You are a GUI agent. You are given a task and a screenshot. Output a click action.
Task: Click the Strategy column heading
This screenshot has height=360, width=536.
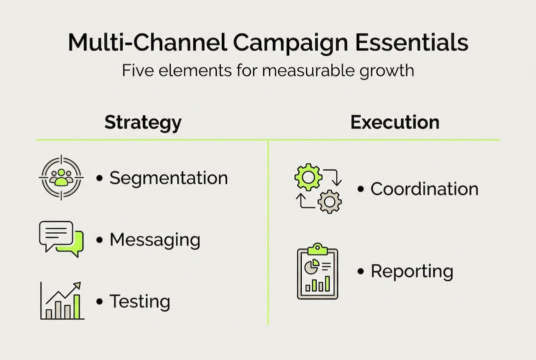point(143,122)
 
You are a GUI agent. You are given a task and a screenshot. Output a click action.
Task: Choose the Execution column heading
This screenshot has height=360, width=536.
point(395,122)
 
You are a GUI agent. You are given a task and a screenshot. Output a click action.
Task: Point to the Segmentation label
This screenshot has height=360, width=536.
point(168,178)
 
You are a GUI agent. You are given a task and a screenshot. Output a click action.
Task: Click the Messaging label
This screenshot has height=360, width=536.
point(155,240)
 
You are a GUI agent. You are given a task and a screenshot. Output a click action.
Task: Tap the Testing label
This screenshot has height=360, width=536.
point(140,301)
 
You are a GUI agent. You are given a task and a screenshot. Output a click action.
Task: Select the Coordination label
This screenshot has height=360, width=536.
point(424,189)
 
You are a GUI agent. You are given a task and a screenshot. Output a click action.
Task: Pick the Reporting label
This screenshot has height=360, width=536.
point(412,271)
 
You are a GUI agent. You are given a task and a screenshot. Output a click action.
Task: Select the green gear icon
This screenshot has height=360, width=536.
point(308,176)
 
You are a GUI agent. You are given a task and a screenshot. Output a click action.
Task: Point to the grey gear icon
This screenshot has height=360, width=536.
point(329,201)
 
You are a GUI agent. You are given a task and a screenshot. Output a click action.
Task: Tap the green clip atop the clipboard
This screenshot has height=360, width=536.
point(317,248)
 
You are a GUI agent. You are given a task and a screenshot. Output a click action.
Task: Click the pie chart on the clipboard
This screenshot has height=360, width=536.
point(311,266)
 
